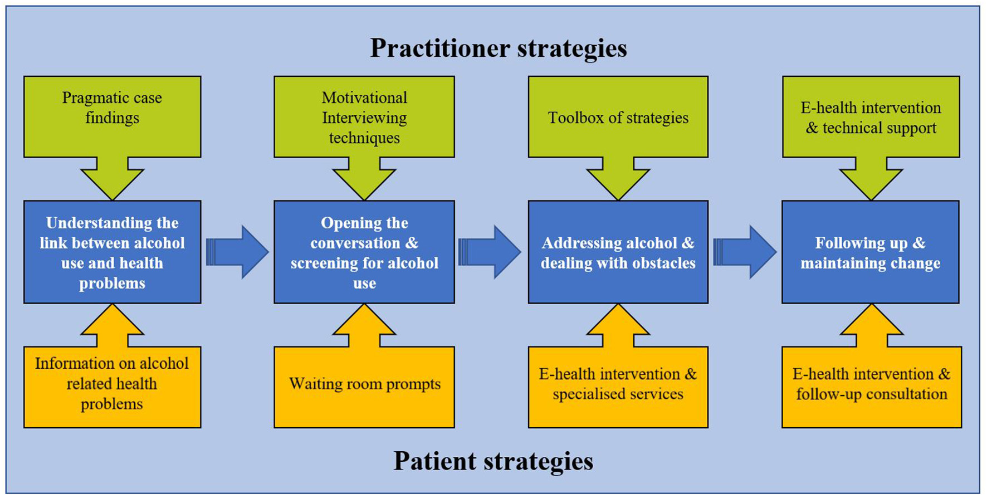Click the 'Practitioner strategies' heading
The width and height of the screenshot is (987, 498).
click(499, 48)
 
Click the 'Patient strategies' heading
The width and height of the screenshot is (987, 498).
click(493, 461)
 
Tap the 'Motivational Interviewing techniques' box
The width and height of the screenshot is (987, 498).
click(364, 117)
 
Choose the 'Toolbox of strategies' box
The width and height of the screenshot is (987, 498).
click(618, 118)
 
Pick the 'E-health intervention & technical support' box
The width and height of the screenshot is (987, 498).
click(871, 117)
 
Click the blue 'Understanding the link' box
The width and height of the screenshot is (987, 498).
click(112, 252)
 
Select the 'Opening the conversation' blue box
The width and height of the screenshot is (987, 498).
click(364, 252)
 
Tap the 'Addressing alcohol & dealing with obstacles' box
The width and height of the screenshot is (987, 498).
click(618, 252)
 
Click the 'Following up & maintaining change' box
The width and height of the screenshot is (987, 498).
click(870, 252)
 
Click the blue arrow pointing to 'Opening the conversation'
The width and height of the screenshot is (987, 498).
click(238, 252)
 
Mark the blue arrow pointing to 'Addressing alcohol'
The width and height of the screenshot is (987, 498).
click(490, 252)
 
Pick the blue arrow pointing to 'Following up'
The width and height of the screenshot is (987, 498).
click(745, 252)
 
